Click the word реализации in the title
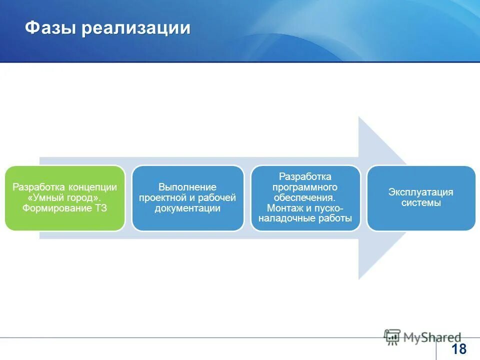pos(136,28)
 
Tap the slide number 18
pos(458,349)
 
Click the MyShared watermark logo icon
pos(392,337)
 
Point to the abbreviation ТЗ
pos(100,208)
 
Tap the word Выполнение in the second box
pos(187,187)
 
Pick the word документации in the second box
pos(187,208)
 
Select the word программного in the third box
pos(305,187)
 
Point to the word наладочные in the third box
pos(287,218)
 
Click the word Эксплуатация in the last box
pos(421,192)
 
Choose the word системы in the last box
pos(421,203)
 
